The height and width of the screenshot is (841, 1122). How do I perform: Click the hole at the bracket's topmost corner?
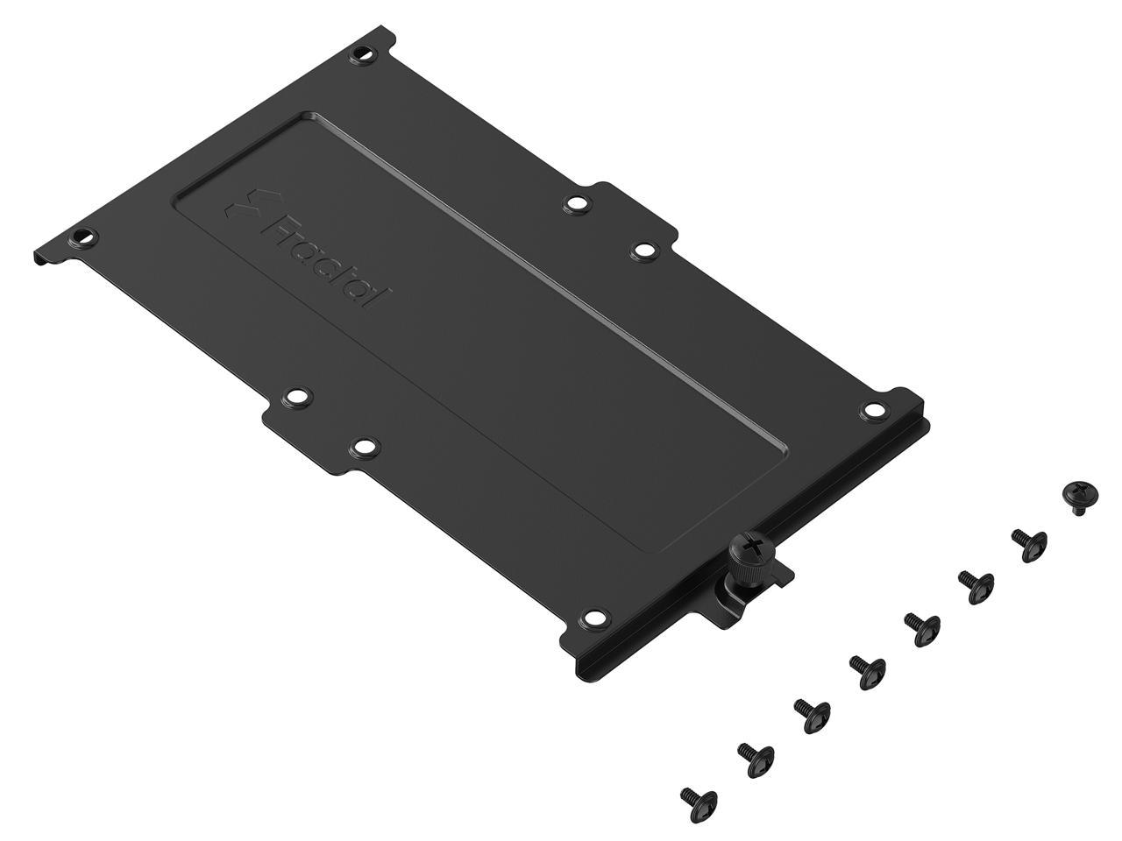click(x=360, y=54)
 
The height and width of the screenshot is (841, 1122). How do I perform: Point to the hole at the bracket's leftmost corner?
click(x=80, y=237)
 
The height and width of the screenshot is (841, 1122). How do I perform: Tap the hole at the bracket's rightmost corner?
click(x=872, y=409)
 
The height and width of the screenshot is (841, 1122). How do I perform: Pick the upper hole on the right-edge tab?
click(x=575, y=203)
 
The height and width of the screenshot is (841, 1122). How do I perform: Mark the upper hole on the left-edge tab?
click(x=296, y=399)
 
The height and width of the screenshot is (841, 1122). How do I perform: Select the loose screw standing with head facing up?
click(x=1076, y=495)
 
